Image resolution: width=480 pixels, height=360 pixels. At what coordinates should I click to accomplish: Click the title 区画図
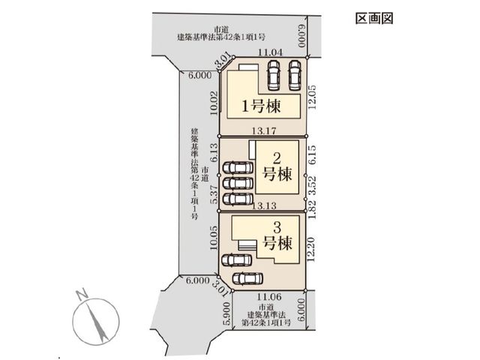(x=374, y=18)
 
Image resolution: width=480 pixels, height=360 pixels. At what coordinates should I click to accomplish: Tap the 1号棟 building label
(x=262, y=106)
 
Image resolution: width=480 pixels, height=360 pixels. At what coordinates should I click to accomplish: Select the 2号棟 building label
(x=277, y=167)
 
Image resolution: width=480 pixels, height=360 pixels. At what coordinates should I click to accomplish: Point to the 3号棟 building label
(x=277, y=236)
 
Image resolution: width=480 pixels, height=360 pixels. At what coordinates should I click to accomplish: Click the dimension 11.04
(x=270, y=52)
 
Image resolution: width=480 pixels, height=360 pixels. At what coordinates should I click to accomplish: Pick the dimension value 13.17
(x=264, y=131)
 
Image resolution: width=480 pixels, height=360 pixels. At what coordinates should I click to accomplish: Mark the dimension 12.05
(x=312, y=97)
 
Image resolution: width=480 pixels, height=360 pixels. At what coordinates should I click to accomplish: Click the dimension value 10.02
(x=214, y=103)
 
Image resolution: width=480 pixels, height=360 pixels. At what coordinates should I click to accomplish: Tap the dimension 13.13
(x=264, y=205)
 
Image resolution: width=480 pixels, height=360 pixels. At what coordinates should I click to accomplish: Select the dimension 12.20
(x=311, y=249)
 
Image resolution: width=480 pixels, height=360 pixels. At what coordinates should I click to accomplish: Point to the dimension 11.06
(x=269, y=297)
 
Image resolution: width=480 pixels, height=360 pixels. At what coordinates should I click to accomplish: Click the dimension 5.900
(x=226, y=313)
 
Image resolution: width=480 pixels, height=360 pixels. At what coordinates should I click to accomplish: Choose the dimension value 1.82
(x=312, y=210)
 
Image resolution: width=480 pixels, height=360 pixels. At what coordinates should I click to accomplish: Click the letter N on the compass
(x=82, y=295)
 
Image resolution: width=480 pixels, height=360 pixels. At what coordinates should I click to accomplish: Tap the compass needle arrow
(x=97, y=322)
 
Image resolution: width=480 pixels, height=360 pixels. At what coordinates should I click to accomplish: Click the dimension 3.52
(x=312, y=185)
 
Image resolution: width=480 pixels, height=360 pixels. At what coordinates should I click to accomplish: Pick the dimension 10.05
(x=214, y=238)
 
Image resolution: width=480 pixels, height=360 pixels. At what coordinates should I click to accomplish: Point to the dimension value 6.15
(x=312, y=154)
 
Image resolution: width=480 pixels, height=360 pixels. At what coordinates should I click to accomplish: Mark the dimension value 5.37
(x=214, y=194)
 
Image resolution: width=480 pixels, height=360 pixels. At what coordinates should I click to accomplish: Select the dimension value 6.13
(x=214, y=152)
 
